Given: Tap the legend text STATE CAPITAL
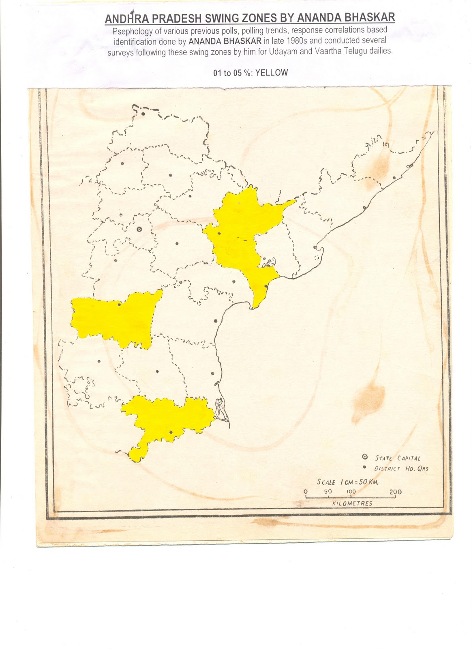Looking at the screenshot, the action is (397, 458).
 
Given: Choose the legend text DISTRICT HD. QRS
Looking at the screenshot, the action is (401, 468).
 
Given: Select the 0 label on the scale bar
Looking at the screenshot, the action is (306, 492).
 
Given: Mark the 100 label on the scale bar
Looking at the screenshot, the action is (351, 492).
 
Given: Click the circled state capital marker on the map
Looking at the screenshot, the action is (139, 229).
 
